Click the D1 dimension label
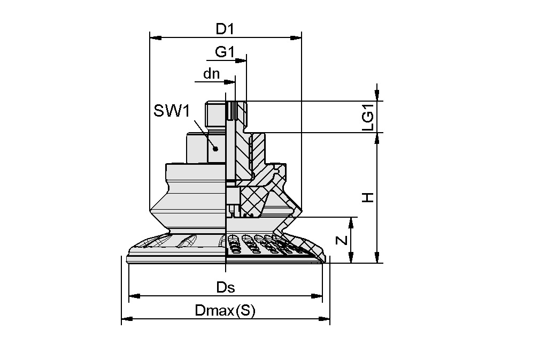coord(225,29)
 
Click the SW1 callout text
coord(172,111)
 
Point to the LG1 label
coord(368,117)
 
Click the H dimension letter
coord(368,198)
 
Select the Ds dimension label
coord(225,287)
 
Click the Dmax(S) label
coord(225,311)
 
